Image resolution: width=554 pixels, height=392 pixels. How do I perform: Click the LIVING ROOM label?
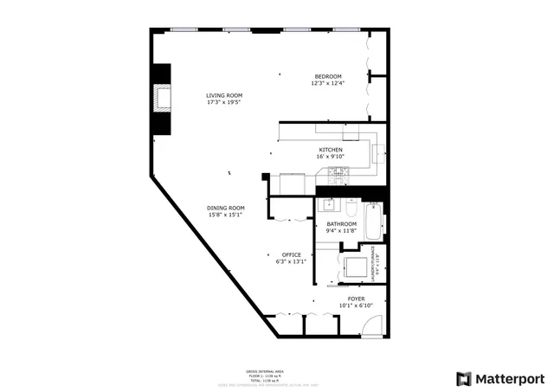click(x=223, y=95)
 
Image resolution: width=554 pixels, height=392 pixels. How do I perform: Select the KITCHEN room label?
click(x=330, y=150)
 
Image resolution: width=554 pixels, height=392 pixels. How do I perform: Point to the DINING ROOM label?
click(x=225, y=208)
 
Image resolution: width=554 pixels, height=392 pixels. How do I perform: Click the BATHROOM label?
click(x=341, y=224)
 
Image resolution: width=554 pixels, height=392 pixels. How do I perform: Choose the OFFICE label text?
click(x=291, y=254)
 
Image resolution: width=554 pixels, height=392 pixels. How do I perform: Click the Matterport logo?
click(x=500, y=378)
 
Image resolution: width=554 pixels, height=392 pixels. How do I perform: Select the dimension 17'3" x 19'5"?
click(x=223, y=102)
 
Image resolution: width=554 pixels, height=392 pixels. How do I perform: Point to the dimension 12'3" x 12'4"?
click(x=328, y=84)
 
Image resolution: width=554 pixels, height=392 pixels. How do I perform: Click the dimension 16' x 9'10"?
click(x=330, y=157)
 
